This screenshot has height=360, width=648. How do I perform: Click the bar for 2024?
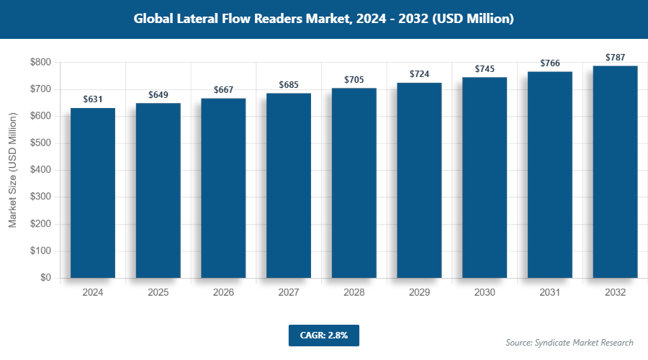point(93,193)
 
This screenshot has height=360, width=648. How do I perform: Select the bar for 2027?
point(289,186)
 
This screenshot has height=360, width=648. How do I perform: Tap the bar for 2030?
point(485,177)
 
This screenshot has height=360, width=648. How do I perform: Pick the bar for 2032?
point(615,172)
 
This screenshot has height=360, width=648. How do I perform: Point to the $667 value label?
point(223,90)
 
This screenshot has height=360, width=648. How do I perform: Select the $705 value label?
point(354,80)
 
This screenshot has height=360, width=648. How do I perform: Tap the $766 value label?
point(550,63)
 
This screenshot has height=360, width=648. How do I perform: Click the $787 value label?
point(615,58)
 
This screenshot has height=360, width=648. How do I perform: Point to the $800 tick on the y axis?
point(40,63)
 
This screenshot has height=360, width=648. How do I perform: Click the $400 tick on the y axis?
point(40,171)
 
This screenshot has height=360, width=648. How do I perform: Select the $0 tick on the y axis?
point(45,278)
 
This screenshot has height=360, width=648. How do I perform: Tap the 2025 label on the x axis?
point(158,293)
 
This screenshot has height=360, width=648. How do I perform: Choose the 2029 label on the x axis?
point(419,293)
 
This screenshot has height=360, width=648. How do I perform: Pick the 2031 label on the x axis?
point(550,293)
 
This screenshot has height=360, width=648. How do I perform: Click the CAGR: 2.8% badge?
point(323,336)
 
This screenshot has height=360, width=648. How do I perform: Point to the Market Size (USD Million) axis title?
point(13,170)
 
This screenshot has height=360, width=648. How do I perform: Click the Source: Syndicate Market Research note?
point(570,343)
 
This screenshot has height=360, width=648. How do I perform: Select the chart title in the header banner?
point(323,19)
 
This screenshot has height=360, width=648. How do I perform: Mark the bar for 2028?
point(354,183)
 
